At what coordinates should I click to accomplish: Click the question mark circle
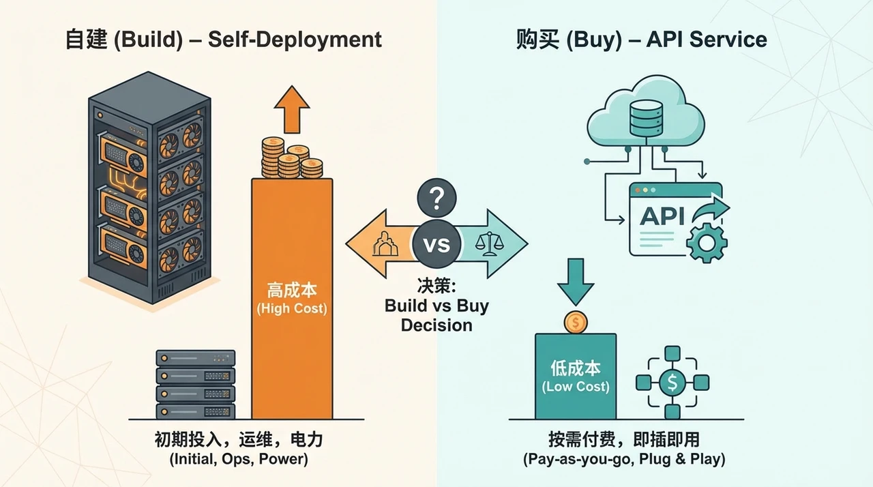[436, 198]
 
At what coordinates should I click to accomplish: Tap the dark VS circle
[436, 244]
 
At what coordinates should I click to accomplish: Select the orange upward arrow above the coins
[292, 110]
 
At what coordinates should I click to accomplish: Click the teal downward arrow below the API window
[576, 282]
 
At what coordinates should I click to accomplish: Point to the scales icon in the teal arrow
[490, 244]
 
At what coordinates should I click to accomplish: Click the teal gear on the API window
[707, 242]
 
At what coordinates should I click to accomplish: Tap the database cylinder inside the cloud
[646, 119]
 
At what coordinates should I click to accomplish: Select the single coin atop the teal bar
[576, 322]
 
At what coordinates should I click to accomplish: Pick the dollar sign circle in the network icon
[672, 383]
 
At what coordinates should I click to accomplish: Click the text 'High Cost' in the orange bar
[292, 308]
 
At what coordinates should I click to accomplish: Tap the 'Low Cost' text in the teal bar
[576, 387]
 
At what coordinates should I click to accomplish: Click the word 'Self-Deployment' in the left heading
[295, 40]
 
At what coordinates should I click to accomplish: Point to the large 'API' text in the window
[662, 216]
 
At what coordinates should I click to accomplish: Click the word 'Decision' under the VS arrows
[436, 325]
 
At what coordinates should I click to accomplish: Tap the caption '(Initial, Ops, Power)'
[239, 459]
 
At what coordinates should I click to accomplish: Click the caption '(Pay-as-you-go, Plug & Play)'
[624, 459]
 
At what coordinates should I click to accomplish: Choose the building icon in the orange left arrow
[385, 244]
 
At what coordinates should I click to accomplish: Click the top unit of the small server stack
[196, 358]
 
